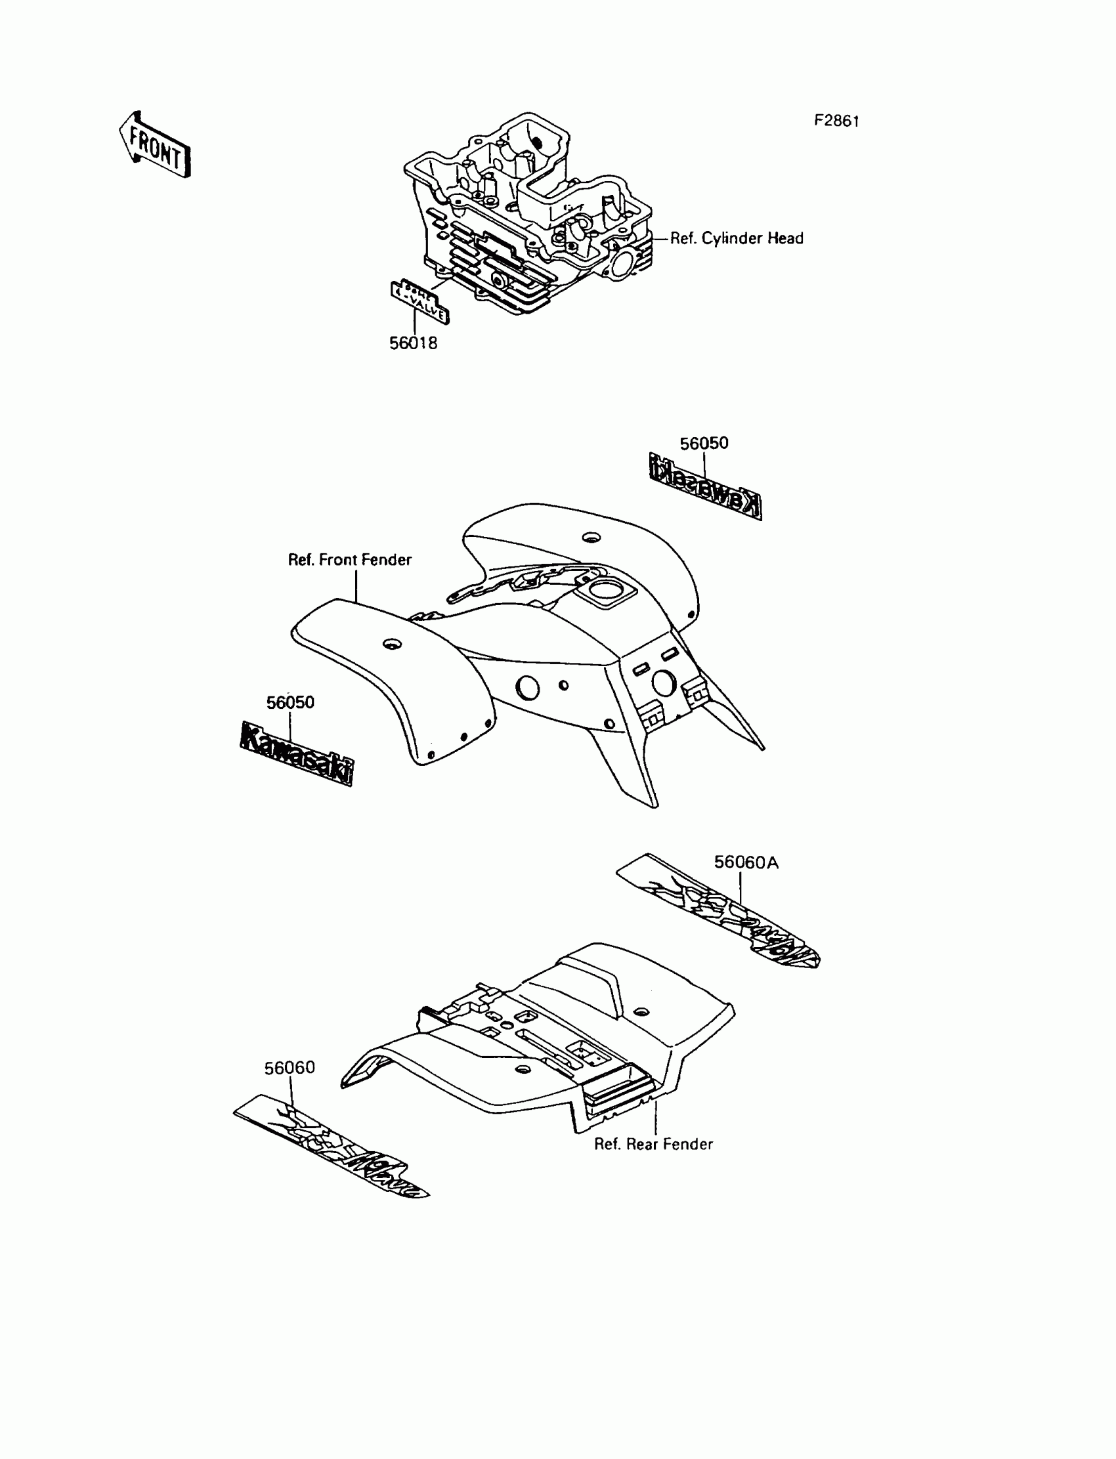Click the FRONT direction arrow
pos(155,145)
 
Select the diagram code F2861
pos(837,121)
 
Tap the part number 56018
pos(413,343)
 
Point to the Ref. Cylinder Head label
pos(736,238)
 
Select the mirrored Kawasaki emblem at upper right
pos(705,486)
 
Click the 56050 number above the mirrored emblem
pos(704,443)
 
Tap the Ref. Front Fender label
pos(349,560)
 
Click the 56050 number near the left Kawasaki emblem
pos(290,703)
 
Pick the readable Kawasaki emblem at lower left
pos(296,753)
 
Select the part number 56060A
pos(746,862)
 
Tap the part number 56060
pos(290,1067)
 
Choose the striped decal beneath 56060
pos(331,1145)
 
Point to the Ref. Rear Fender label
pos(653,1143)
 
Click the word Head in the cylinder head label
pos(785,238)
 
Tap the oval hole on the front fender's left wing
pos(393,643)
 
